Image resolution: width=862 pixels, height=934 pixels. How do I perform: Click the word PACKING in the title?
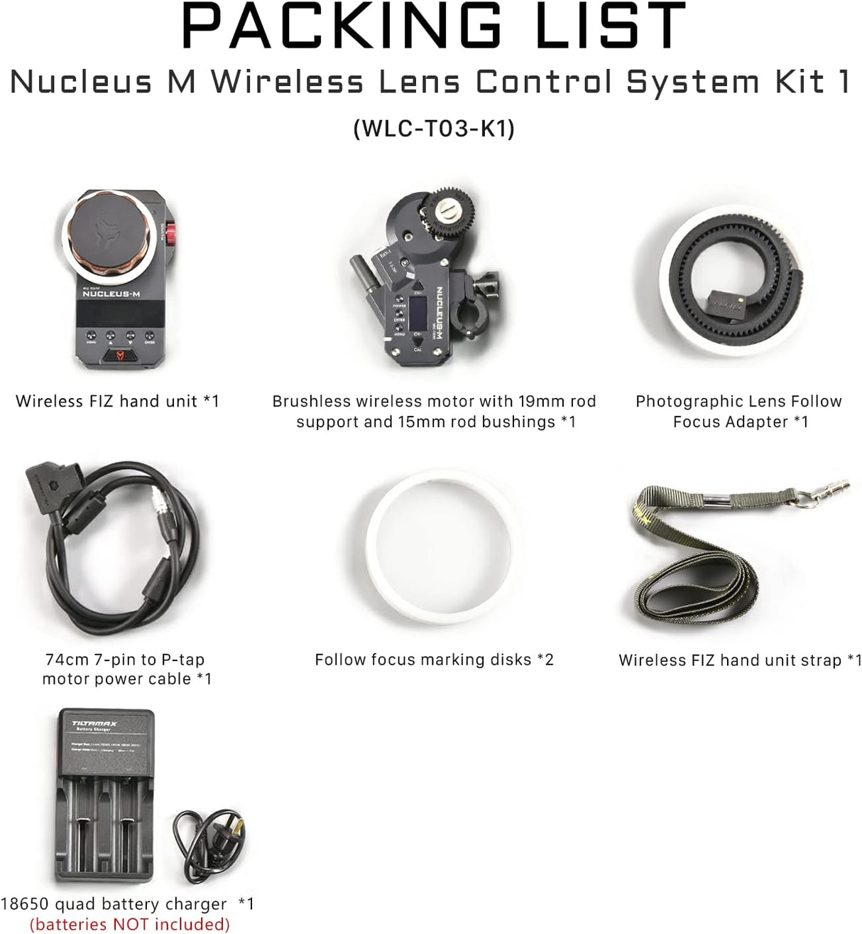pyautogui.click(x=341, y=26)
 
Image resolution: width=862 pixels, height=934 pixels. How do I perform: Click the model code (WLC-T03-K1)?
pyautogui.click(x=434, y=129)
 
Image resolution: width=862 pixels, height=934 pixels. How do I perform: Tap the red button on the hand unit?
pyautogui.click(x=171, y=235)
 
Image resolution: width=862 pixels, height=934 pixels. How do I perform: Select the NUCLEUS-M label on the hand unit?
pyautogui.click(x=111, y=294)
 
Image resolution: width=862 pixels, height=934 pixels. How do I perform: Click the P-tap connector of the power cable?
pyautogui.click(x=45, y=487)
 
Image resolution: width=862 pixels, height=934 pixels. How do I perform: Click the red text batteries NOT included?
pyautogui.click(x=130, y=924)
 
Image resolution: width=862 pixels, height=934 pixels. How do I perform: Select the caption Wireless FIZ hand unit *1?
pyautogui.click(x=118, y=402)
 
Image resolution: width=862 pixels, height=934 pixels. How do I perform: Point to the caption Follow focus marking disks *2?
pyautogui.click(x=434, y=660)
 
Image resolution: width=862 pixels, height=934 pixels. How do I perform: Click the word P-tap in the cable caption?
pyautogui.click(x=182, y=660)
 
